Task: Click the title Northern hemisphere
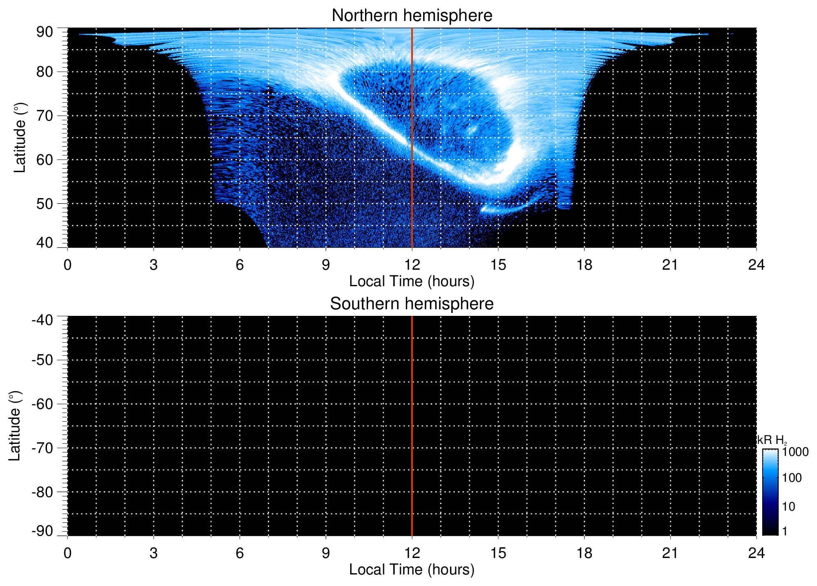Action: tap(412, 16)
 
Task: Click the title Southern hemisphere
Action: tap(412, 304)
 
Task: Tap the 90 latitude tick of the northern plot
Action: tap(44, 32)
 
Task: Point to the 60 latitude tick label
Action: tap(44, 160)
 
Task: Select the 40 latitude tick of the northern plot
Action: tap(44, 243)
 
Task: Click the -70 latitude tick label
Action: tap(42, 448)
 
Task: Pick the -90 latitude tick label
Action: tap(42, 531)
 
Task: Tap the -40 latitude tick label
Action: tap(42, 320)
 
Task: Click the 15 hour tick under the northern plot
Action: tap(498, 265)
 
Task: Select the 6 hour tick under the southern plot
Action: tap(239, 553)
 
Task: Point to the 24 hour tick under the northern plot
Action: tap(756, 265)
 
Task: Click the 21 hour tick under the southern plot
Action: tap(670, 553)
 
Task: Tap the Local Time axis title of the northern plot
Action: tap(412, 281)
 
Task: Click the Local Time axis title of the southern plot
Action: tap(412, 570)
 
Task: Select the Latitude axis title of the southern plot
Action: tap(14, 426)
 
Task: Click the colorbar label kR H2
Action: tap(771, 440)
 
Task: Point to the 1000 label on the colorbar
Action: tap(795, 452)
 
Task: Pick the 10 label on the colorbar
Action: tap(789, 507)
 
